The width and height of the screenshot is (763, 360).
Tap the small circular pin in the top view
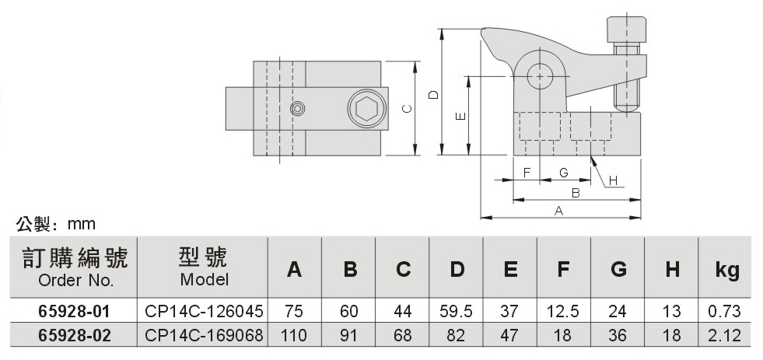point(296,109)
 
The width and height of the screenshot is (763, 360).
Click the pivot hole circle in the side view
point(538,76)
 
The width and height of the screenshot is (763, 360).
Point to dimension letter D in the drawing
point(434,94)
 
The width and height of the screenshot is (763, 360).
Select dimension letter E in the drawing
point(461,117)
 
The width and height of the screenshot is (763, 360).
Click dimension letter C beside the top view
point(407,110)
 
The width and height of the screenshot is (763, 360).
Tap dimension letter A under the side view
point(558,210)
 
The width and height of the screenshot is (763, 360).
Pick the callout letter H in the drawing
point(612,180)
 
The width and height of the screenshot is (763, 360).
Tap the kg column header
point(726,271)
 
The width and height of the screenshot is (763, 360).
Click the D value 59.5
point(457,312)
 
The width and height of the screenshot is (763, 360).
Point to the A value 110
point(294,337)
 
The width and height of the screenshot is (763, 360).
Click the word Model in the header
point(204,279)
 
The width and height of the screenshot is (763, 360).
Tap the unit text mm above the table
point(82,224)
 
